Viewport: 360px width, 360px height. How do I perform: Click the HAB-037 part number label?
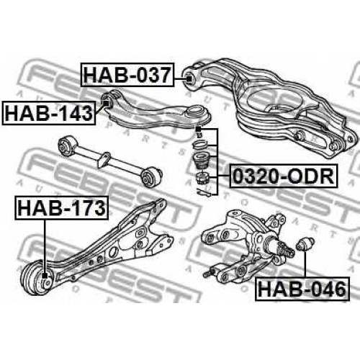127,75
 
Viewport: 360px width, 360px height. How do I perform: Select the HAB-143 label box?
49,113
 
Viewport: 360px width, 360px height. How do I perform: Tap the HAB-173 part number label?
62,208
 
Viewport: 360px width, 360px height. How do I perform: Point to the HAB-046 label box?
302,289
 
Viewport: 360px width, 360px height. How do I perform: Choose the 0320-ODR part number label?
284,176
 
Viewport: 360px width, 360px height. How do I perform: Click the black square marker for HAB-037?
189,78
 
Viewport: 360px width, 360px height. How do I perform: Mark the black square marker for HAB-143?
106,103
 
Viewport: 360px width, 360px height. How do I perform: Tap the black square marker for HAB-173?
45,276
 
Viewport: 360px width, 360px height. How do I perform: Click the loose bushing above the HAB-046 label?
305,244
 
